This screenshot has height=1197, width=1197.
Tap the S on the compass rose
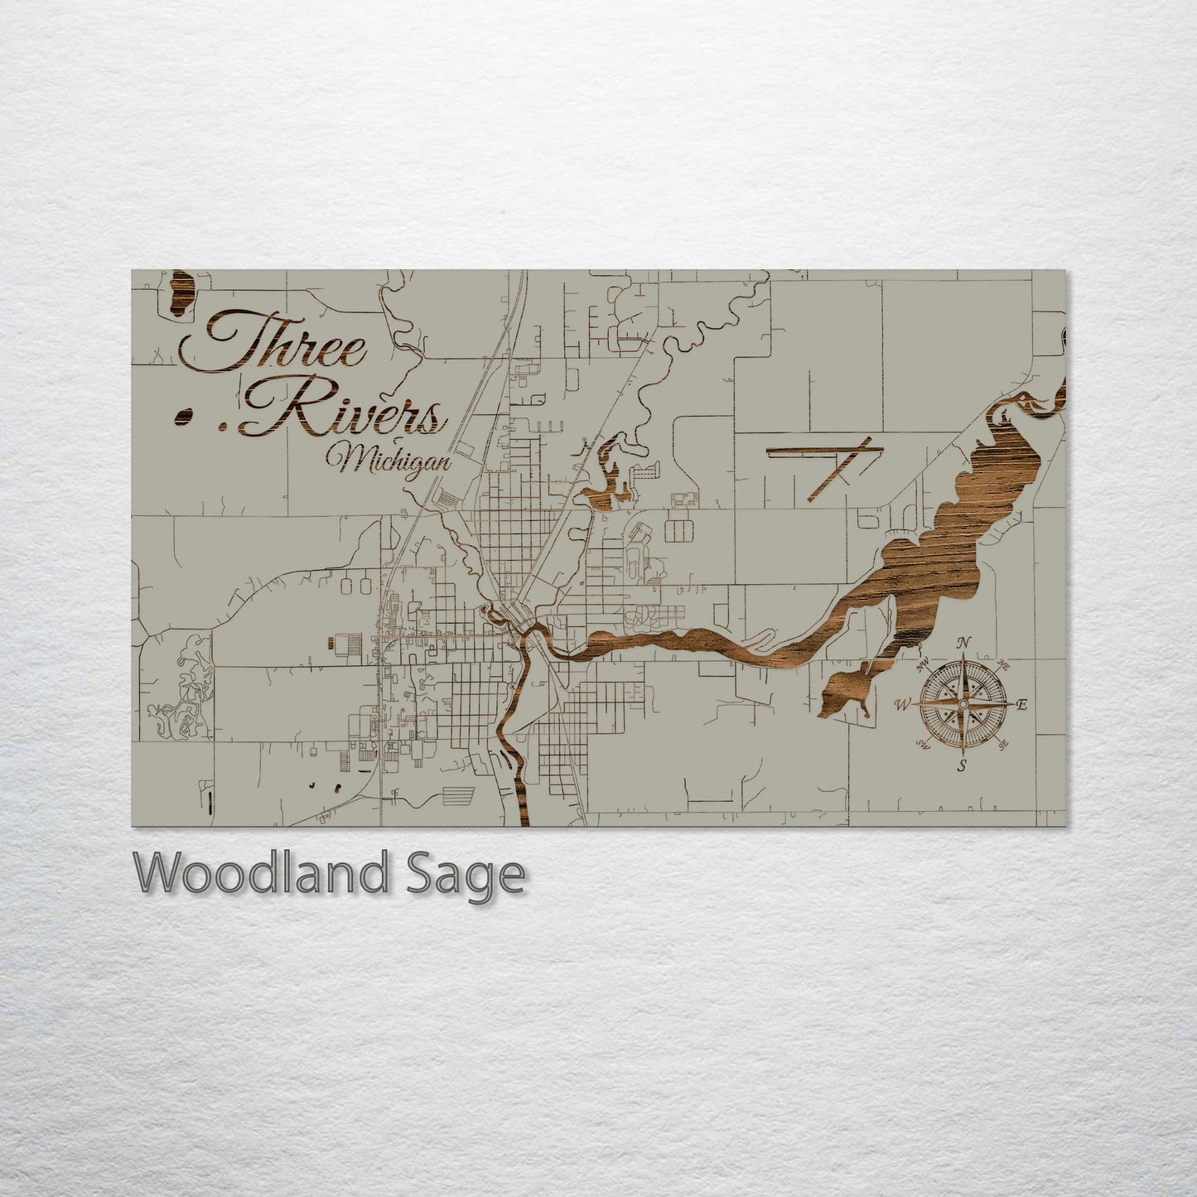point(962,765)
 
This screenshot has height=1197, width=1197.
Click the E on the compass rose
point(1021,705)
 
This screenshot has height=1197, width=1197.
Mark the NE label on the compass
point(1003,664)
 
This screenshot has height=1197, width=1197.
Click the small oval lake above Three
point(181,293)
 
